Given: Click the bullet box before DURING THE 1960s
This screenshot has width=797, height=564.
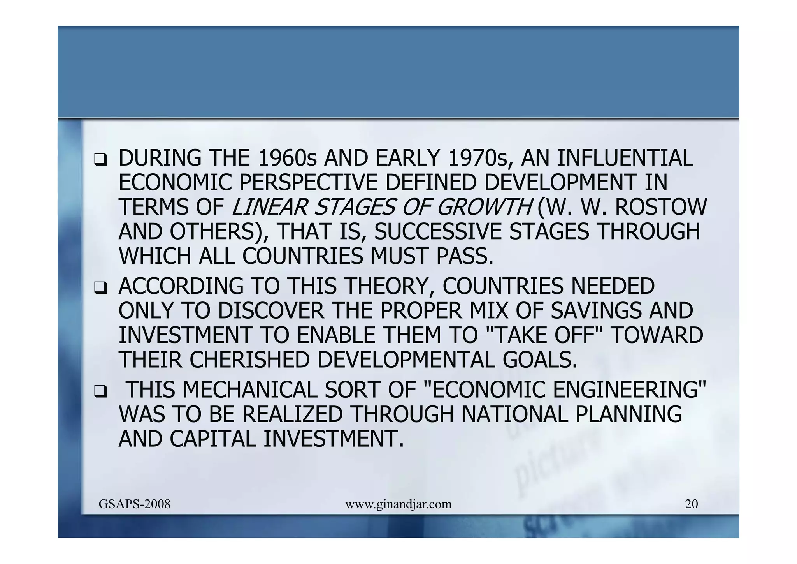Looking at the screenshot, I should pyautogui.click(x=100, y=160).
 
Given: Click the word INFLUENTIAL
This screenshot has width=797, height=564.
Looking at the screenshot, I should pyautogui.click(x=625, y=158).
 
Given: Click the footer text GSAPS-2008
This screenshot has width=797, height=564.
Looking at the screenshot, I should pyautogui.click(x=134, y=504).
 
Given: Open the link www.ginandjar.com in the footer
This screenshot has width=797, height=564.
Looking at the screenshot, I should pyautogui.click(x=398, y=505).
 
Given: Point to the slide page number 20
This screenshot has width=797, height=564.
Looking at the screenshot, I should pyautogui.click(x=691, y=504).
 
